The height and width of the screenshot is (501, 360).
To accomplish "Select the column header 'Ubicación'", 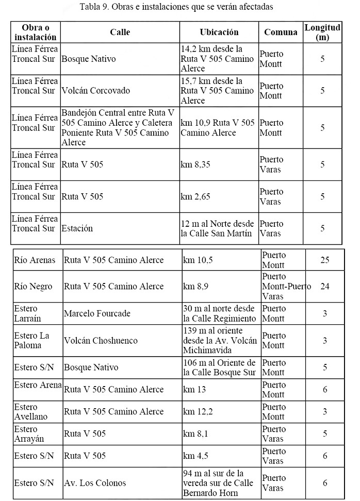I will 219,32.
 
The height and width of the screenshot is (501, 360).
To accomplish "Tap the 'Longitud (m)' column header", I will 322,32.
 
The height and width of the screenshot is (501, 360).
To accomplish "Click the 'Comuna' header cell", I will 281,32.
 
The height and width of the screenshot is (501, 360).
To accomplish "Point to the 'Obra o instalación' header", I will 35,32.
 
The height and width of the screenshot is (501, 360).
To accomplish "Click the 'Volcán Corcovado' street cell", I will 95,91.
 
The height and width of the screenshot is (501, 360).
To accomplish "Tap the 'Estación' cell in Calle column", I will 77,228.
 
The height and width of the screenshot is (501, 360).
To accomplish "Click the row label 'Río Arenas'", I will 35,260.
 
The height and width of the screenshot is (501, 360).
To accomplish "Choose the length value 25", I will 324,260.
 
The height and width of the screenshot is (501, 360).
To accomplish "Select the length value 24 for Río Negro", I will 324,287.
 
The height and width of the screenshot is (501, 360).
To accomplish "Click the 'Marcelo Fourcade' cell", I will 97,313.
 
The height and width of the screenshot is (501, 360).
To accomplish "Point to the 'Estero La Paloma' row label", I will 32,340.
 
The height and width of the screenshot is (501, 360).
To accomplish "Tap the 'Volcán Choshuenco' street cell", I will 101,340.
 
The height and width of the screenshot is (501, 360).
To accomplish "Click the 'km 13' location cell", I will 194,390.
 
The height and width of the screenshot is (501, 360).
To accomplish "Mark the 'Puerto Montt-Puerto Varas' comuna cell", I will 286,287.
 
